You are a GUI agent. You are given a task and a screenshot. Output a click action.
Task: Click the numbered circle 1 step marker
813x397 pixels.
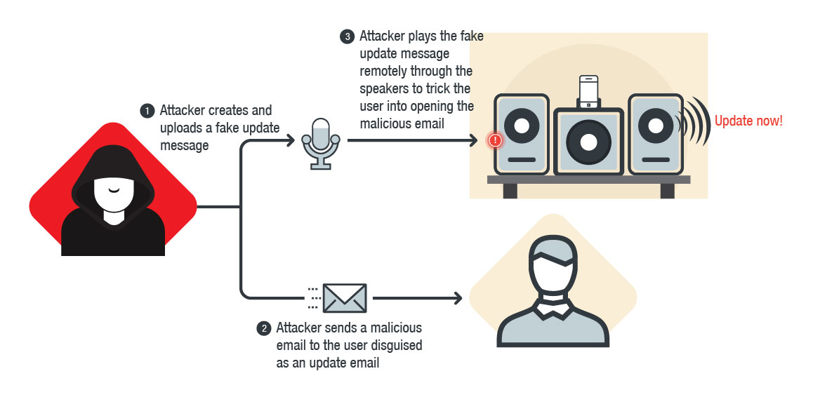point(147,111)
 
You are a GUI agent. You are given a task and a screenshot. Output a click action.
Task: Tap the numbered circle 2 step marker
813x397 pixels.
point(264,328)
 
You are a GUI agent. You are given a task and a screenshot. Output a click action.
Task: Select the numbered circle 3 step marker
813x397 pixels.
point(347,36)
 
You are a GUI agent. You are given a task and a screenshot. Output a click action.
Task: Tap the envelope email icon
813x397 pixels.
point(345,298)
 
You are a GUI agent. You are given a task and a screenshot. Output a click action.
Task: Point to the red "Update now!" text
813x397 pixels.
point(748,121)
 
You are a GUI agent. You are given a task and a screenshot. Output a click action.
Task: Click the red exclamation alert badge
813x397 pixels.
point(496,140)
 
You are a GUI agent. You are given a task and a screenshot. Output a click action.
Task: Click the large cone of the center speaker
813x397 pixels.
point(588,142)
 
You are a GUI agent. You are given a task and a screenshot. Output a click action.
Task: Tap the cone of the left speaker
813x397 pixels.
point(522,127)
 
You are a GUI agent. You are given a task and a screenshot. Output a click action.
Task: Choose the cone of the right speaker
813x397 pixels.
point(654,126)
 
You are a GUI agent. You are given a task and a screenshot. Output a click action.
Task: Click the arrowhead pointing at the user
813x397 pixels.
point(458,298)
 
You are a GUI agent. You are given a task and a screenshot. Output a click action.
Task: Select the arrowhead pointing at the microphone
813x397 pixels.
point(290,140)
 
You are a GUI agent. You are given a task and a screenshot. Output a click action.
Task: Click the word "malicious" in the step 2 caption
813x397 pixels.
point(397,328)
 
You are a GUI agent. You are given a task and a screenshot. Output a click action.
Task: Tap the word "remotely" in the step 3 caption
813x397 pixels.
point(383,72)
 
